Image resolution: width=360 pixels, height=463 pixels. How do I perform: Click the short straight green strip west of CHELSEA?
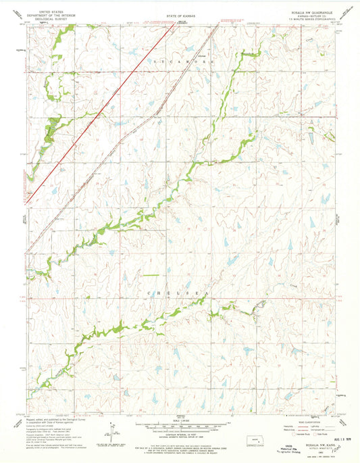click(x=150, y=276)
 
